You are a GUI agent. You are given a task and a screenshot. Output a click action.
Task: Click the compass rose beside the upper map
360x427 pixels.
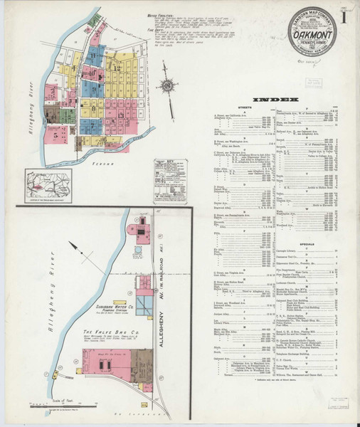(x=169, y=85)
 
